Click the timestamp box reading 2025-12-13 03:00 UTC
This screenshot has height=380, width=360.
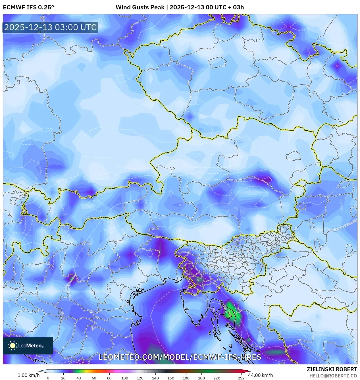[50, 28]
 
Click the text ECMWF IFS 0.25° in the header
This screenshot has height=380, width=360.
[28, 7]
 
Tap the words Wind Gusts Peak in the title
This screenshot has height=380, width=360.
[140, 7]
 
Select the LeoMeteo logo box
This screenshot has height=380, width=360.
[28, 346]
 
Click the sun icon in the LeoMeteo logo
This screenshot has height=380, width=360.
[13, 346]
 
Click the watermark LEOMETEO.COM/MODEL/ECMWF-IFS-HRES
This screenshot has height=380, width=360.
[180, 357]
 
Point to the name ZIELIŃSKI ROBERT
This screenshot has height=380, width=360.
[332, 369]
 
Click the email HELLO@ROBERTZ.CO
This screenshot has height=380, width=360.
[333, 376]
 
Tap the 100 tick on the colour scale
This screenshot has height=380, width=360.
[124, 378]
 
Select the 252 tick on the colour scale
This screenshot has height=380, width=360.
[241, 378]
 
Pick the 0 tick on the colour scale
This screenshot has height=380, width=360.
[48, 378]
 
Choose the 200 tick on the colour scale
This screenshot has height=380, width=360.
[201, 378]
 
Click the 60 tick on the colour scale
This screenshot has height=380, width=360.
[94, 378]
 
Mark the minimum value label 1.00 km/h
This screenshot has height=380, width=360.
[28, 375]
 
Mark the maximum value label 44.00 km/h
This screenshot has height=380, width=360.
[261, 375]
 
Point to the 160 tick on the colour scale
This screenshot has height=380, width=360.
[170, 378]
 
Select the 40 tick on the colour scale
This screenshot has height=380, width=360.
[78, 378]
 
